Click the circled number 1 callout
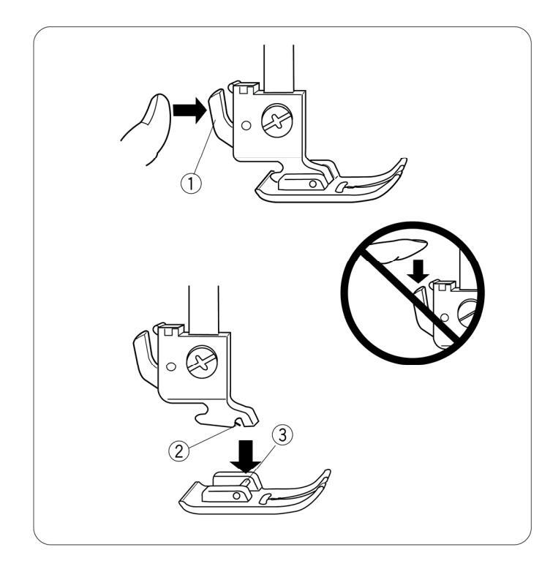coord(191,184)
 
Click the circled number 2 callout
coord(179,451)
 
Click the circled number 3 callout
coord(282,434)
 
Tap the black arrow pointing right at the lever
coord(189,110)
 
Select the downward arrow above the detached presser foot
coord(247,457)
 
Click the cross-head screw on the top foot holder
coord(277,121)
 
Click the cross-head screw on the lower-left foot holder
coord(203,361)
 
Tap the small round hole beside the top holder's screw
coord(246,126)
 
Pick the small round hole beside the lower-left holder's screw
coord(171,366)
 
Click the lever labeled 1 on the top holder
coord(220,117)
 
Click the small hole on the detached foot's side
coord(236,495)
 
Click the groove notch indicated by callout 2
coord(238,421)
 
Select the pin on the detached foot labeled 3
coord(246,482)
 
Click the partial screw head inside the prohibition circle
coord(468,309)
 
